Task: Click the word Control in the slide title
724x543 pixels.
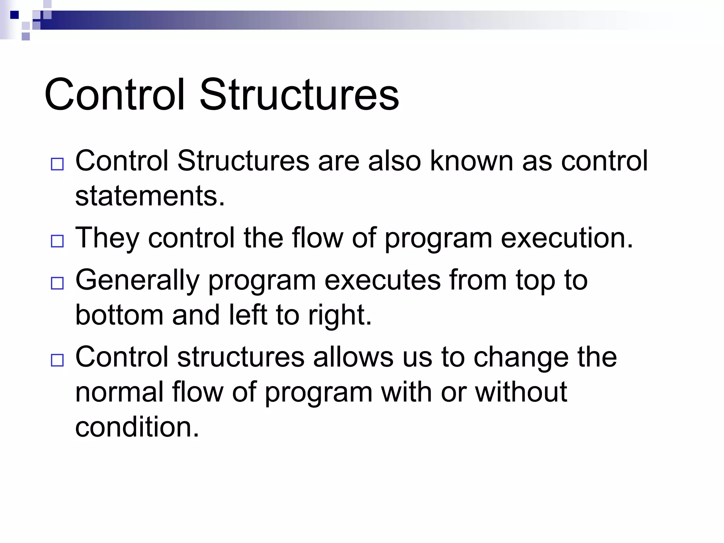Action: point(115,95)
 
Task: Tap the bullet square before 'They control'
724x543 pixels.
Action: point(57,241)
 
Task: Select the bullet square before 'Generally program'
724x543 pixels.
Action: point(57,283)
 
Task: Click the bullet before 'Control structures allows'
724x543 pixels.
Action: point(57,360)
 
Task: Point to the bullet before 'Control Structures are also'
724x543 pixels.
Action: point(57,164)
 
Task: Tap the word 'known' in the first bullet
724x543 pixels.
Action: point(471,161)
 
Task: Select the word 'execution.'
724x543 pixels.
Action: point(567,238)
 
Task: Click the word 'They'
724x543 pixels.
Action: point(107,238)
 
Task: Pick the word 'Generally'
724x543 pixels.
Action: point(138,280)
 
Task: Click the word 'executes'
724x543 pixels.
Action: point(383,280)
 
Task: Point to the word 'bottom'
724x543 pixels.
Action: point(119,315)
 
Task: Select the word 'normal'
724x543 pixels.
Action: point(119,392)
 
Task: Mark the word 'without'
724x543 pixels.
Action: point(521,392)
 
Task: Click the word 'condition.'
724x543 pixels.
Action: point(137,427)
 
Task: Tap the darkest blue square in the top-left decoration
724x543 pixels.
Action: point(14,15)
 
